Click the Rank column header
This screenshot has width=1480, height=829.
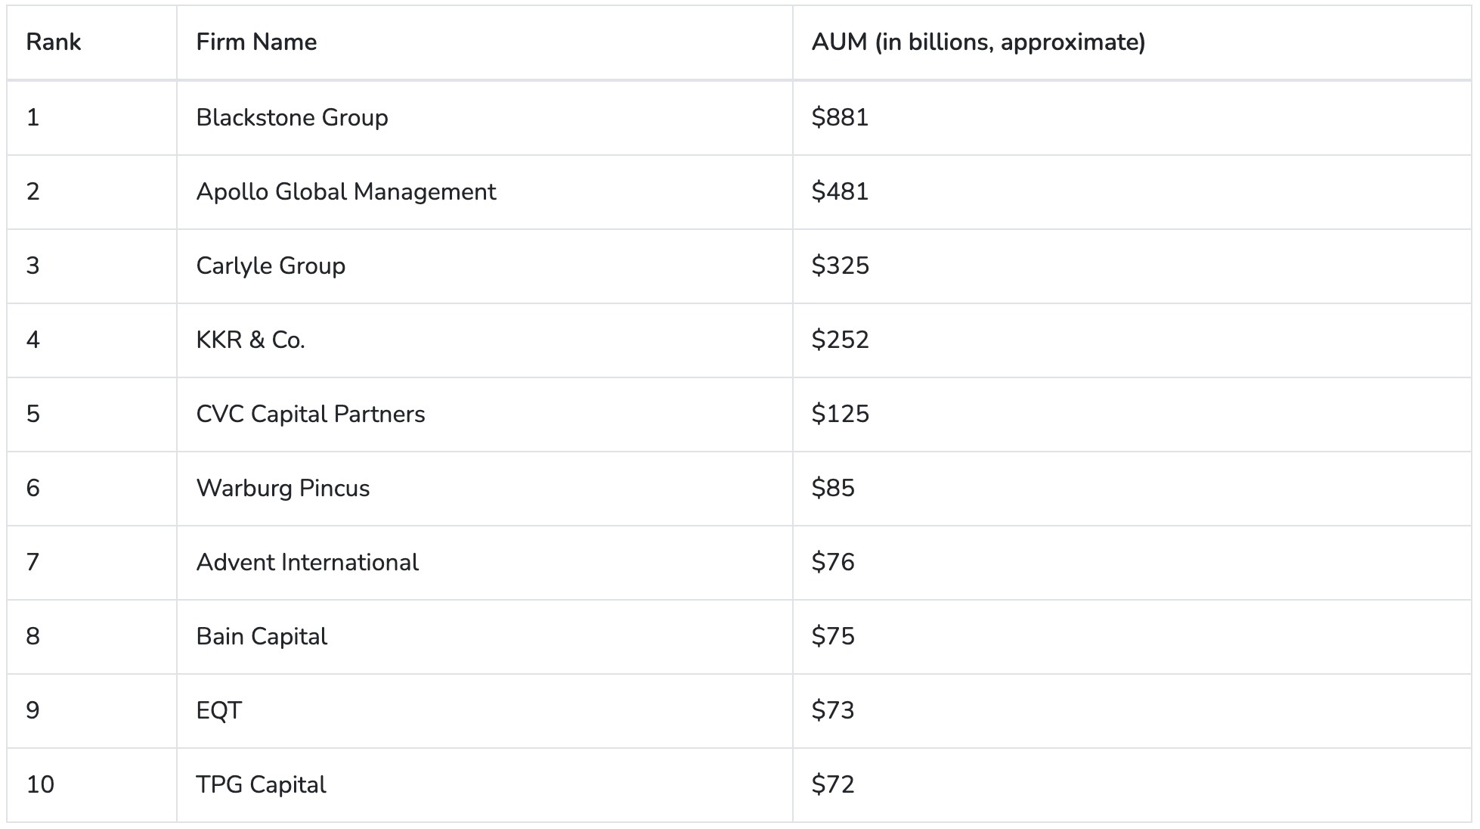[x=53, y=42]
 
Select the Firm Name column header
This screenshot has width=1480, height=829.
[x=256, y=42]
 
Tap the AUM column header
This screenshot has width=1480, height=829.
[x=978, y=42]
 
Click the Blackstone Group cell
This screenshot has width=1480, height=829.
[x=292, y=117]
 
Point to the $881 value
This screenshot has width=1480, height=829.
[x=840, y=117]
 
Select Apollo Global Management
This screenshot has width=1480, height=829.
[x=345, y=191]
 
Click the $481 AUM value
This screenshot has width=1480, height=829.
[x=840, y=191]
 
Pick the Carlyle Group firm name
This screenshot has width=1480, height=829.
[x=271, y=265]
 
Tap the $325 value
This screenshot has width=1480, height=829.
[x=840, y=265]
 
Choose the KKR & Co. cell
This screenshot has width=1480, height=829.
[x=250, y=340]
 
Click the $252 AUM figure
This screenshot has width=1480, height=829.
[x=840, y=340]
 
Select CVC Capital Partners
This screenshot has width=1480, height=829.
[x=310, y=414]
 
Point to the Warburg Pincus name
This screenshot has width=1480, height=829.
[x=283, y=488]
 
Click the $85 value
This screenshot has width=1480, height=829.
[x=833, y=488]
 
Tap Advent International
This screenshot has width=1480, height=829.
[x=307, y=562]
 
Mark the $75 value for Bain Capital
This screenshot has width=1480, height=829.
[x=833, y=636]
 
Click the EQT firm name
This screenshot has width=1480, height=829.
[x=218, y=710]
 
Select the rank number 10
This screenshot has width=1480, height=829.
[x=40, y=784]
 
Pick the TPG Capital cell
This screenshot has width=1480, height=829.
[x=261, y=784]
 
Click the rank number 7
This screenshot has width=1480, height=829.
[x=33, y=562]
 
